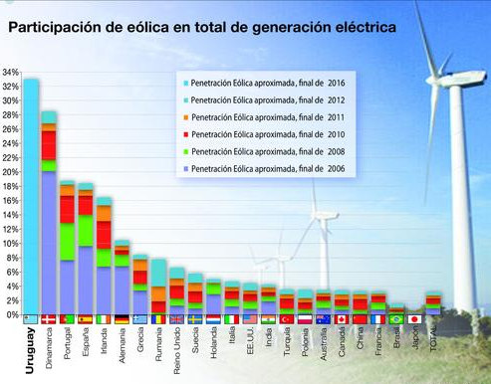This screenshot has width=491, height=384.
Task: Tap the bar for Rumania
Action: point(158,288)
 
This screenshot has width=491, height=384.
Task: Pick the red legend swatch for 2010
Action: point(183,134)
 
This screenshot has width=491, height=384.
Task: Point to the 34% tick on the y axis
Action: point(11,73)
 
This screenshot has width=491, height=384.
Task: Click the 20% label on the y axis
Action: point(11,172)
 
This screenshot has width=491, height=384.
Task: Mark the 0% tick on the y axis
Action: point(11,314)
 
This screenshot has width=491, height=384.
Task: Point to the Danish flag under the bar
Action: point(49,319)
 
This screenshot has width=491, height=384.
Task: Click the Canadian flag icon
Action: point(342,319)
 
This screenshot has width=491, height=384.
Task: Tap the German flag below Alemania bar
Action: point(122,319)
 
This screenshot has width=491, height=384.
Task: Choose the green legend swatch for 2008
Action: point(183,152)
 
